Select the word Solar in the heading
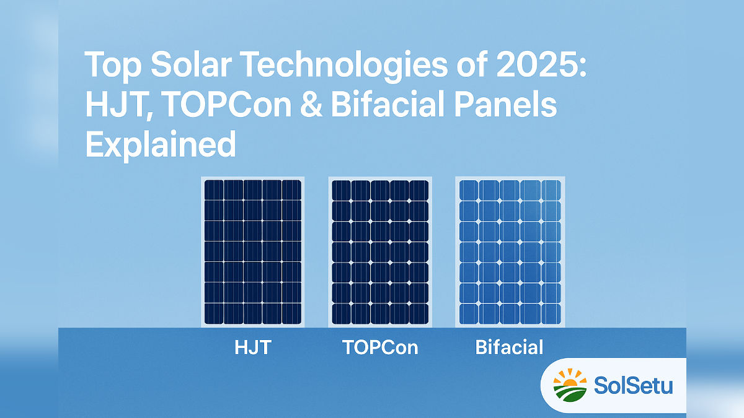point(191,64)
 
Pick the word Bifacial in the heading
point(387,104)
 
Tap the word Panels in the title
point(505,104)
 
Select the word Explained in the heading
point(161,145)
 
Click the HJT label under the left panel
point(253,347)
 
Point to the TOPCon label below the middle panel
point(380,347)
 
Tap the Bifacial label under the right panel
point(509,347)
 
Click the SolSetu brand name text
point(633,385)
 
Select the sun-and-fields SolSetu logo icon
point(570,385)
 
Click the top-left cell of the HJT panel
point(213,189)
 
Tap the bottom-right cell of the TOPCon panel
point(419,313)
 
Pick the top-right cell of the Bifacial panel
point(551,190)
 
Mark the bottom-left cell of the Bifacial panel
point(468,314)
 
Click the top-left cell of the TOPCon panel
point(341,191)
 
